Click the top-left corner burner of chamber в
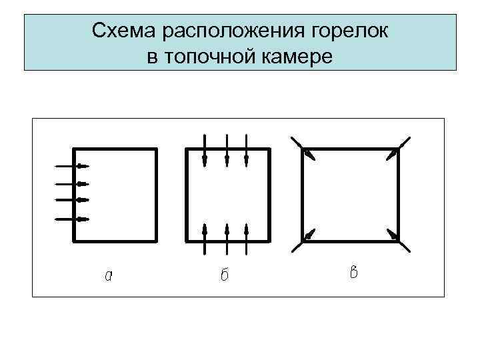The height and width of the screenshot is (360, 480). pyautogui.click(x=303, y=149)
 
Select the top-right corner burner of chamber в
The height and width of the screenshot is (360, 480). pyautogui.click(x=397, y=149)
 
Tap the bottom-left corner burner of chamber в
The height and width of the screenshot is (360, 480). pyautogui.click(x=303, y=240)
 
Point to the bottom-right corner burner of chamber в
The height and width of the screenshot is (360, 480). pyautogui.click(x=397, y=239)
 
